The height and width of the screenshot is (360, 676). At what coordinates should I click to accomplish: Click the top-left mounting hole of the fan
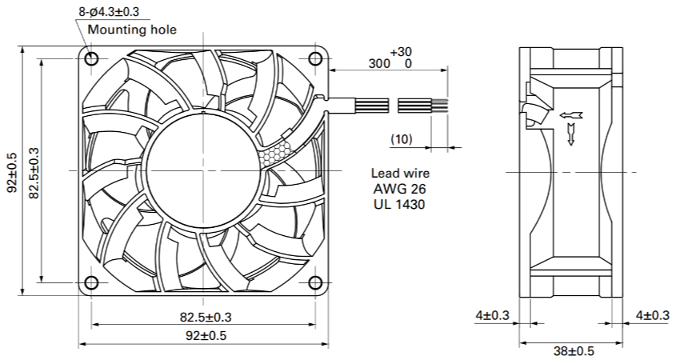click(91, 58)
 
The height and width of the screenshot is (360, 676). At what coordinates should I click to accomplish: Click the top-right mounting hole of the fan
click(315, 58)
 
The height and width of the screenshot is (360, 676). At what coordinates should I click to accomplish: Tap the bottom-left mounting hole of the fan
click(91, 283)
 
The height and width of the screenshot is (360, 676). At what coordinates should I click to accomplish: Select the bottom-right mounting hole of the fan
click(315, 283)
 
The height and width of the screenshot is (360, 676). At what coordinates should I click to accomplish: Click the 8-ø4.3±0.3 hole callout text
click(109, 12)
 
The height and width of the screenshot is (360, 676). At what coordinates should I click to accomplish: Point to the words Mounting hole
click(132, 30)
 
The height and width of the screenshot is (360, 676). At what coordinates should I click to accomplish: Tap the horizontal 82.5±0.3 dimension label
click(206, 318)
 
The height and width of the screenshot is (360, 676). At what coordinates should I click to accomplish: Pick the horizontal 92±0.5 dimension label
click(206, 335)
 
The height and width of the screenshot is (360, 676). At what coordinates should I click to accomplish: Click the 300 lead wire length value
click(379, 63)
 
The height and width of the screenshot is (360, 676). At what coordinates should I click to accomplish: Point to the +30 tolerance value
click(401, 52)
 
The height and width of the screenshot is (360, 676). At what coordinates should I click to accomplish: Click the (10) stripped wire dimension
click(402, 139)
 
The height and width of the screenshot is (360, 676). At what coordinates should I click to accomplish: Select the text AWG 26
click(400, 189)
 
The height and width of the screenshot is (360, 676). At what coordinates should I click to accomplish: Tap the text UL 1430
click(399, 203)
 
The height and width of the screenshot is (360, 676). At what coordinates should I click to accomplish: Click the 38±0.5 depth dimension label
click(574, 350)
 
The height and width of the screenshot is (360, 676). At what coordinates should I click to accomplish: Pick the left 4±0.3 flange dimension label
click(492, 315)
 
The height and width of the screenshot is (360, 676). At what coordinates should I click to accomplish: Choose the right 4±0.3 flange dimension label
click(653, 315)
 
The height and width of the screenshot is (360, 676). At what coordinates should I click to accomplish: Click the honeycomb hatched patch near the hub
click(276, 153)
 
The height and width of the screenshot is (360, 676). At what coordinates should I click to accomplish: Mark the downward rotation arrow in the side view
click(571, 134)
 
